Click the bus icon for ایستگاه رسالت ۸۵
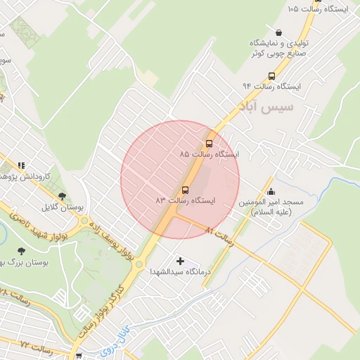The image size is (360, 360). coord(209,143)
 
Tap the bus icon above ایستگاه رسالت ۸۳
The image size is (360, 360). coord(186,190)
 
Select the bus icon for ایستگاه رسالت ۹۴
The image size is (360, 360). coord(271,76)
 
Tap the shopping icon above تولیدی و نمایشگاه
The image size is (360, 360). coord(279,32)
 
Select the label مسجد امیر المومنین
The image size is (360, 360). coord(274,207)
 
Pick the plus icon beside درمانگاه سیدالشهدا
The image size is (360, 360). coord(181,261)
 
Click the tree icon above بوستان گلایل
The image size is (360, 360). coord(63,196)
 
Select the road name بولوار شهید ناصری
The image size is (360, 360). coord(39,224)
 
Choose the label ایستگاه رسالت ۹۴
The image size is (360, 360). coord(271,86)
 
